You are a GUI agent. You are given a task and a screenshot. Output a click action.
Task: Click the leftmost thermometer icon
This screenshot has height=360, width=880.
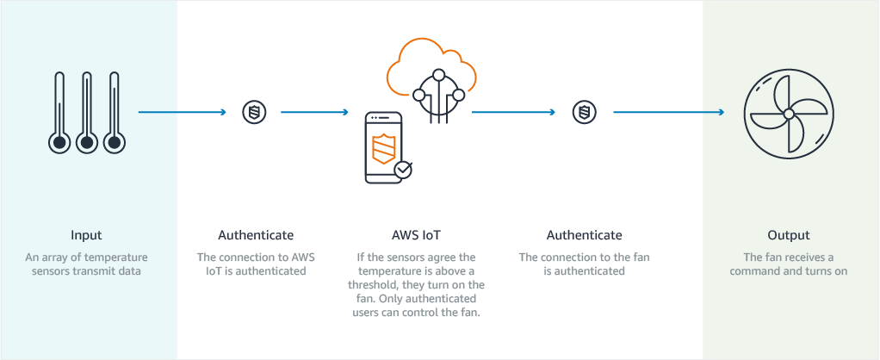pos(58,112)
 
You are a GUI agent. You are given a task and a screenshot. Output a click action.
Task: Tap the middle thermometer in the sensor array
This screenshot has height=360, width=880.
pos(86,112)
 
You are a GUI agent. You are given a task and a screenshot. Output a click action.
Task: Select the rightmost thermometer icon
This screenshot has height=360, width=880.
pos(114,112)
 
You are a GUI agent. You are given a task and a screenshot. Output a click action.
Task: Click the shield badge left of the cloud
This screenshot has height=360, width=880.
pos(254,112)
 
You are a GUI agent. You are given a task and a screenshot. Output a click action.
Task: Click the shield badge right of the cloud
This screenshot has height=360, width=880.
pos(585,112)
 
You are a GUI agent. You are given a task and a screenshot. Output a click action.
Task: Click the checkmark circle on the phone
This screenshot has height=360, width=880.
pos(402,170)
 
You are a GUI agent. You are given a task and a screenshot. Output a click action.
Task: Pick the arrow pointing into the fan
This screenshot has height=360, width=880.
pos(667,112)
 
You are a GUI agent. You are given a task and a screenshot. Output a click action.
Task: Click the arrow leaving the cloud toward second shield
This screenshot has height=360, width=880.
pos(513,112)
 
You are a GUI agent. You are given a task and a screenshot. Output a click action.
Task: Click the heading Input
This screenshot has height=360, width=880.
pos(86,235)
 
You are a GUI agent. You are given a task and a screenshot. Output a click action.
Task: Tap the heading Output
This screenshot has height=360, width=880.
pos(789,235)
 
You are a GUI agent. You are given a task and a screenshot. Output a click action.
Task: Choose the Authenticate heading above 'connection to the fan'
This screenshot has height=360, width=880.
pos(584,235)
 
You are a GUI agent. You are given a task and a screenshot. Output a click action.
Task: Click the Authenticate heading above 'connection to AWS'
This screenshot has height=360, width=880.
pos(256,235)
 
